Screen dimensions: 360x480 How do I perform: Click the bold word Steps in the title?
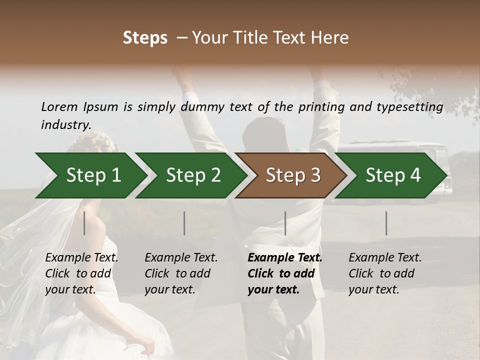(x=145, y=37)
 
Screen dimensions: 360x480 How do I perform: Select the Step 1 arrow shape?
(x=90, y=175)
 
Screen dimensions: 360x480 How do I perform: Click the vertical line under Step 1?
(x=84, y=223)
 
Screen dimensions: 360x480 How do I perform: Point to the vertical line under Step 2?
(x=184, y=223)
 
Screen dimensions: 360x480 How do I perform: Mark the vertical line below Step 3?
(x=285, y=223)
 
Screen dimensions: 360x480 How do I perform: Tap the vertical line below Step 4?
(x=386, y=223)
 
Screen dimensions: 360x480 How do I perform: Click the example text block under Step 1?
(x=81, y=273)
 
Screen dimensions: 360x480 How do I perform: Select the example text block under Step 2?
(x=181, y=273)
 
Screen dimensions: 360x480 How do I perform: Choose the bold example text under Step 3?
(x=285, y=273)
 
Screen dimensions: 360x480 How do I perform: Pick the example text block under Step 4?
(x=385, y=273)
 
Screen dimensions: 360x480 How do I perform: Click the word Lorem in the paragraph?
(x=59, y=106)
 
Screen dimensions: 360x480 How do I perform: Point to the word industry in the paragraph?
(x=65, y=125)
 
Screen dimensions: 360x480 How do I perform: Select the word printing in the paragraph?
(x=320, y=107)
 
